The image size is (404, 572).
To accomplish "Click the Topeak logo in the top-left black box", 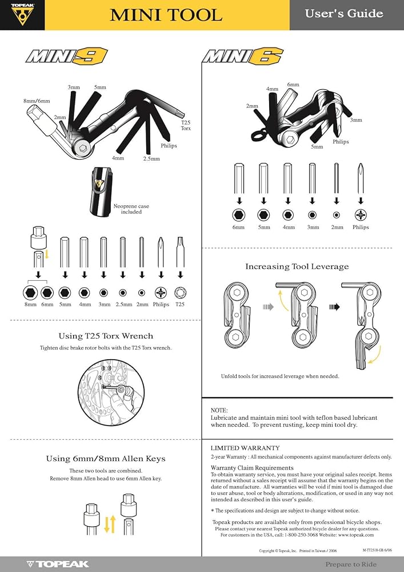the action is pyautogui.click(x=22, y=14).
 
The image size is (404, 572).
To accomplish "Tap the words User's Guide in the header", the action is pyautogui.click(x=344, y=14).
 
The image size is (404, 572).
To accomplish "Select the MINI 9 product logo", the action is pyautogui.click(x=67, y=57).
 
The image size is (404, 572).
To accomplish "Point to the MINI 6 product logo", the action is pyautogui.click(x=243, y=57).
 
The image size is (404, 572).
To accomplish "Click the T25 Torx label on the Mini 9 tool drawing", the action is pyautogui.click(x=186, y=125).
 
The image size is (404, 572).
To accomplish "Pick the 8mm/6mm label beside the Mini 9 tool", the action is pyautogui.click(x=37, y=101).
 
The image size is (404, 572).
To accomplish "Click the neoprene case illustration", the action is pyautogui.click(x=100, y=191).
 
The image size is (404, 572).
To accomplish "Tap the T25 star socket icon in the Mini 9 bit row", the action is pyautogui.click(x=181, y=292).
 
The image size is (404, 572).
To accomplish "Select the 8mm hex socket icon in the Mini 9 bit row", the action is pyautogui.click(x=30, y=292).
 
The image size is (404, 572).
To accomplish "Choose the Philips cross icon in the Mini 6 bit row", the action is pyautogui.click(x=361, y=215).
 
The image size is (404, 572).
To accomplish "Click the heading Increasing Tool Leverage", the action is pyautogui.click(x=297, y=267).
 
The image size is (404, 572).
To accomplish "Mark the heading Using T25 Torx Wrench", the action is pyautogui.click(x=106, y=336).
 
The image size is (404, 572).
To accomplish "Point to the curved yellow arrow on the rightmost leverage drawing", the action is pyautogui.click(x=376, y=354).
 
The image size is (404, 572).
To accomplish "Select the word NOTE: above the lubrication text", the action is pyautogui.click(x=219, y=410).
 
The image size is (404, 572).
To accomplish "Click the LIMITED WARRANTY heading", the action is pyautogui.click(x=245, y=448).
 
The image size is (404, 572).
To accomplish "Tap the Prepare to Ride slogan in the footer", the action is pyautogui.click(x=351, y=565).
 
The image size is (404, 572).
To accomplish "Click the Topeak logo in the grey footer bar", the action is pyautogui.click(x=58, y=565).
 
